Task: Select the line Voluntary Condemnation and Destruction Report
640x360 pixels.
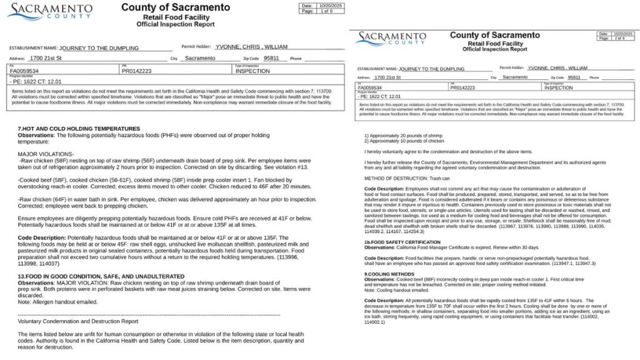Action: coord(78,322)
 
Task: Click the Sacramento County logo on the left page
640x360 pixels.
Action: coord(51,12)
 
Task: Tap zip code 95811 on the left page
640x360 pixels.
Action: coord(271,58)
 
